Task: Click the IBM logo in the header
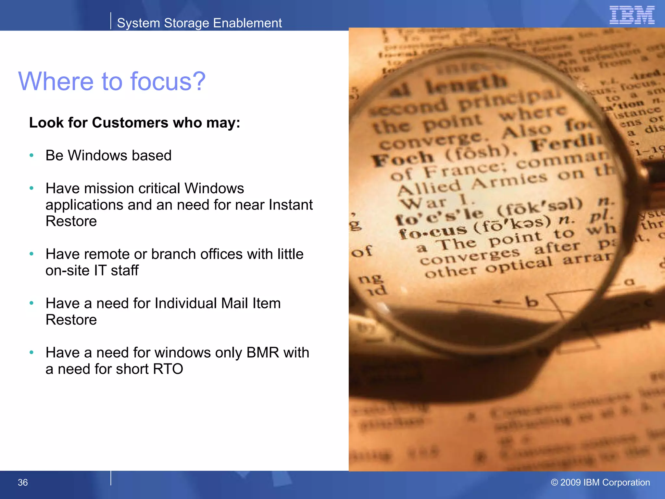pos(632,15)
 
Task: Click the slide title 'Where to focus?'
pos(112,81)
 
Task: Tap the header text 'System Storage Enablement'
pos(199,23)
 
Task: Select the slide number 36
pos(23,482)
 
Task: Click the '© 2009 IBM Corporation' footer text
pos(600,482)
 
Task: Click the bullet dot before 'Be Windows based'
pos(31,156)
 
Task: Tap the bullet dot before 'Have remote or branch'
pos(31,254)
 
